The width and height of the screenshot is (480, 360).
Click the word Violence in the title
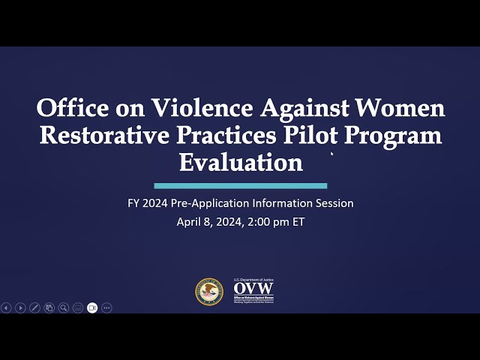coord(202,109)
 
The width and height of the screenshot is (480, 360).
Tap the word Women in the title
coord(401,109)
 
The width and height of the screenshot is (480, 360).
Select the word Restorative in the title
coord(106,136)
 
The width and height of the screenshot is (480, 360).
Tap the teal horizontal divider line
coord(240,186)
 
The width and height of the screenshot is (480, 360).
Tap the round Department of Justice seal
coord(209,292)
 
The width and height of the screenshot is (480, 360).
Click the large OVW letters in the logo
coord(253,289)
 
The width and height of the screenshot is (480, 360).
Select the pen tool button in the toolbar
coord(34,307)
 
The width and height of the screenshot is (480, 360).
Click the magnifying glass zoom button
coord(64,307)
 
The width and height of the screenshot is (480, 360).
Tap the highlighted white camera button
coord(92,307)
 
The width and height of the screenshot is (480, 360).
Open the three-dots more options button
coord(106,307)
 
